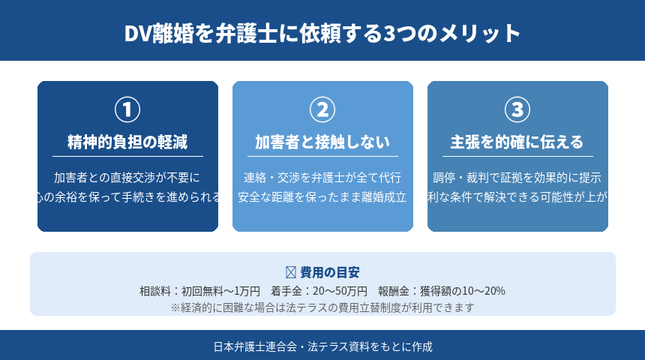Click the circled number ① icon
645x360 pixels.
click(x=127, y=109)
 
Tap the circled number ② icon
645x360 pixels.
click(x=322, y=109)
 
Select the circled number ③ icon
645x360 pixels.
click(x=517, y=109)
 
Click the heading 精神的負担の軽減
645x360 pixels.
click(x=127, y=142)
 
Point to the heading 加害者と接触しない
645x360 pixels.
click(x=322, y=142)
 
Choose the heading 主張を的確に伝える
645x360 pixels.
click(x=517, y=142)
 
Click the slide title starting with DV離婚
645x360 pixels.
click(x=322, y=34)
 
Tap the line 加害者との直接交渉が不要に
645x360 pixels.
click(x=127, y=178)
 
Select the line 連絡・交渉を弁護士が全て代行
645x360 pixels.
click(x=322, y=178)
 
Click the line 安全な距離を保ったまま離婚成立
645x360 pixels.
click(x=322, y=198)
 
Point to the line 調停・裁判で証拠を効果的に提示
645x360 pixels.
click(x=517, y=178)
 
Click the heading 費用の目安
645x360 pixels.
click(x=329, y=272)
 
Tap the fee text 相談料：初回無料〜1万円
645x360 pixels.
click(x=199, y=290)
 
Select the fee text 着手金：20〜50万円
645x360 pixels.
click(x=319, y=290)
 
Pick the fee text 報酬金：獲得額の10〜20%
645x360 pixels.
click(x=442, y=290)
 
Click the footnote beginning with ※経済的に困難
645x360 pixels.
click(x=322, y=307)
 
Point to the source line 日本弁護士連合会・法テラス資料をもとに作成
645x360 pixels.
click(x=322, y=346)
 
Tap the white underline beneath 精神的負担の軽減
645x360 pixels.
click(x=127, y=156)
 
